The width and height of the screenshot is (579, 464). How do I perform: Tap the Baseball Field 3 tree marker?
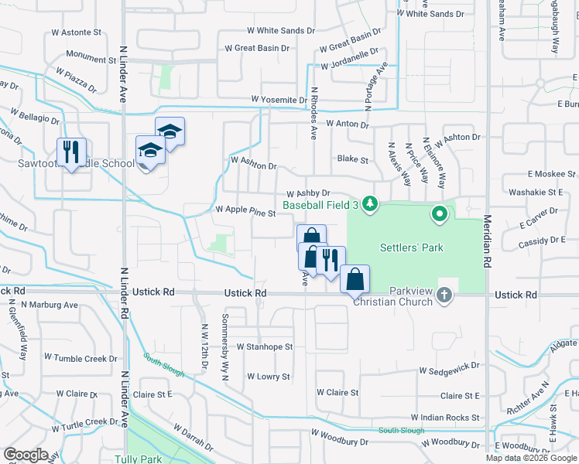coord(371,204)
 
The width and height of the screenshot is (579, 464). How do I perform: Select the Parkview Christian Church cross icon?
coord(444,294)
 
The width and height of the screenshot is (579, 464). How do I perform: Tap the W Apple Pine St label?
coord(245,210)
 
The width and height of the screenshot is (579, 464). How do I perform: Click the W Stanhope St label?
coord(265,347)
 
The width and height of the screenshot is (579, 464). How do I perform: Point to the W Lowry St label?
coord(268,377)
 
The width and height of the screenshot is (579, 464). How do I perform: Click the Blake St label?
coord(353,159)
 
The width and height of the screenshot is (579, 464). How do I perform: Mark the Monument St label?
coord(91,58)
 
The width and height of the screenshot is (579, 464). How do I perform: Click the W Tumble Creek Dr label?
coord(81,358)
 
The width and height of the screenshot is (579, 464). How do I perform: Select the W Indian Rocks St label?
coord(445,418)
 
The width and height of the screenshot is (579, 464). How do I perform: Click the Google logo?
coord(26,455)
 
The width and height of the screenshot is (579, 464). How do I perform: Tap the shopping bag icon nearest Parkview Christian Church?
coord(355,279)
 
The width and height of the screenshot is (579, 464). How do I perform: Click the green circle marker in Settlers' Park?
coord(440,212)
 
